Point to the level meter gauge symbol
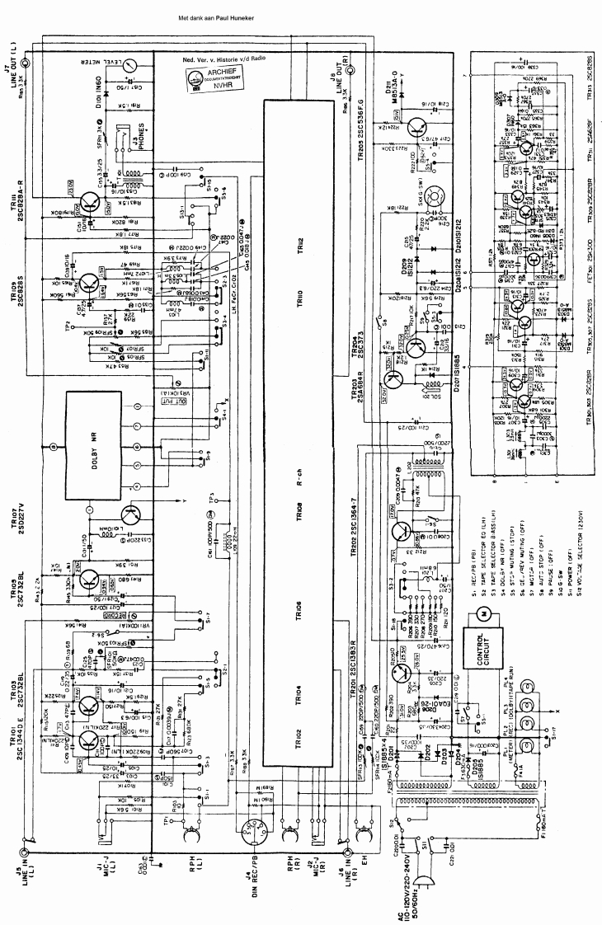coord(129,62)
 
